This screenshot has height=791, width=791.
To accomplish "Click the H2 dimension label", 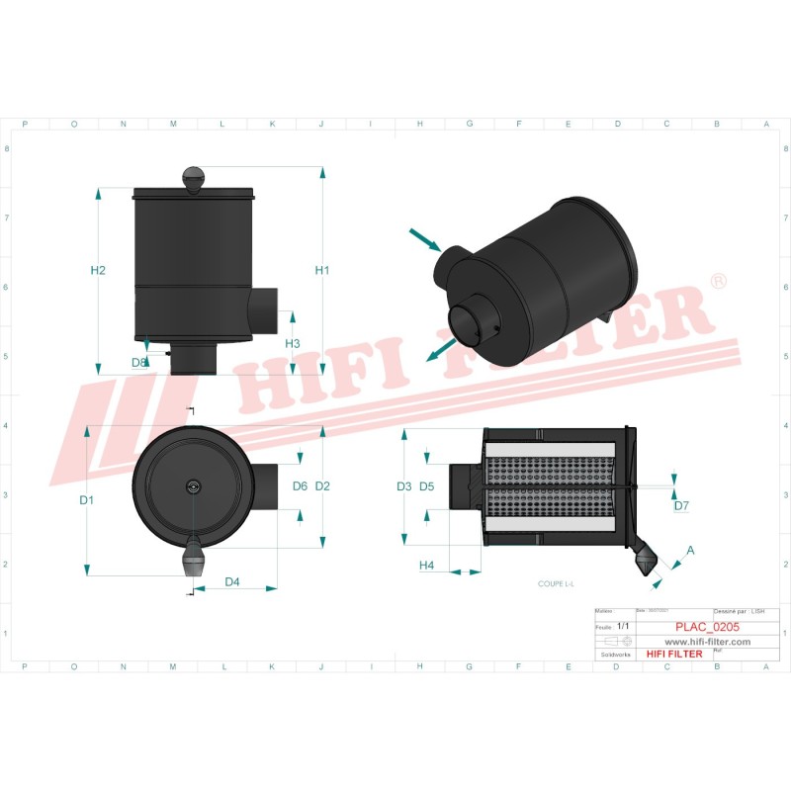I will point(98,271).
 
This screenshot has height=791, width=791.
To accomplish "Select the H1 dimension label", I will point(322,271).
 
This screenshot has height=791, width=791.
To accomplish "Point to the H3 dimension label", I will point(293,343).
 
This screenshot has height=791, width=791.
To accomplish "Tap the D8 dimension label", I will point(139,363).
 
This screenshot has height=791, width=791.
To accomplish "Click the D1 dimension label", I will point(87,500).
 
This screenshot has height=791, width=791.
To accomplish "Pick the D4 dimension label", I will point(232,581).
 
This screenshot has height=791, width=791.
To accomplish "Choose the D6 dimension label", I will point(301,485).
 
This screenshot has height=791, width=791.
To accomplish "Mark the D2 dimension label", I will point(322,485).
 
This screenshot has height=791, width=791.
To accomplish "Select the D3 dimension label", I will point(403,486).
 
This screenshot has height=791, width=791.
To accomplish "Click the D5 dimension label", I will point(427,486).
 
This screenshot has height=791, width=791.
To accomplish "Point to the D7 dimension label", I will point(681,506).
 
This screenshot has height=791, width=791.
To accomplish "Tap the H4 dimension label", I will point(427,566).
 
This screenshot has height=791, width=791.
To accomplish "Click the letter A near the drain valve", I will point(690,550).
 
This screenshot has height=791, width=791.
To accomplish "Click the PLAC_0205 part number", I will point(707,627).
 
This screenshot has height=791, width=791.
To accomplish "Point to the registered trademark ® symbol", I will point(719,282).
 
